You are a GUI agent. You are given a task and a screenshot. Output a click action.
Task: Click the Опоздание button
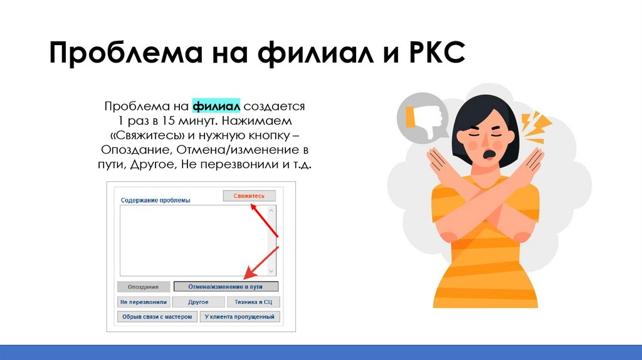pos(144,287)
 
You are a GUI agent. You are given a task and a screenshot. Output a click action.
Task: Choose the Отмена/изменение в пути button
pos(226,287)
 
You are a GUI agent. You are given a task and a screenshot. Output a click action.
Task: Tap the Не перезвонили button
pos(144,302)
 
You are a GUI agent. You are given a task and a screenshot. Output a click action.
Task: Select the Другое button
pos(198,302)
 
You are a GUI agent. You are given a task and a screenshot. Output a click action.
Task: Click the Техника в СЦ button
pos(253,302)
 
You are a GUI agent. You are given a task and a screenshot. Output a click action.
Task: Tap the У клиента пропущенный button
pos(239,317)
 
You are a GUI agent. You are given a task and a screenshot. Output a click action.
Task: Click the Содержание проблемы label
pos(155,201)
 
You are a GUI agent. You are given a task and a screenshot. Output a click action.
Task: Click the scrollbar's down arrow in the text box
pos(272,271)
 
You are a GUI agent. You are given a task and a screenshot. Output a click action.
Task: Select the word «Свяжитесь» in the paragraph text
pos(145,135)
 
